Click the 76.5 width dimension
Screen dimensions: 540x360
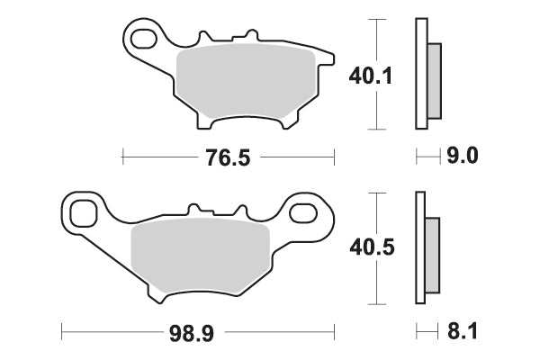click(228, 157)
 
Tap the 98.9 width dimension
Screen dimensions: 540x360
click(192, 333)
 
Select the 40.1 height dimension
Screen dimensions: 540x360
click(371, 76)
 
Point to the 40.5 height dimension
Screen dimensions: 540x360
click(372, 247)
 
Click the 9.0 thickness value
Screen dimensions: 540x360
click(463, 156)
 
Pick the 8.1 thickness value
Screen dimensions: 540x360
click(463, 331)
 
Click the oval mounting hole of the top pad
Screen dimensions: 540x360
click(143, 39)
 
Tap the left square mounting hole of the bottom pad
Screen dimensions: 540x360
click(83, 214)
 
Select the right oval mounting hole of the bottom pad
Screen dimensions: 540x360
click(302, 213)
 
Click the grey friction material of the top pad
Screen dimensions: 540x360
click(246, 81)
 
